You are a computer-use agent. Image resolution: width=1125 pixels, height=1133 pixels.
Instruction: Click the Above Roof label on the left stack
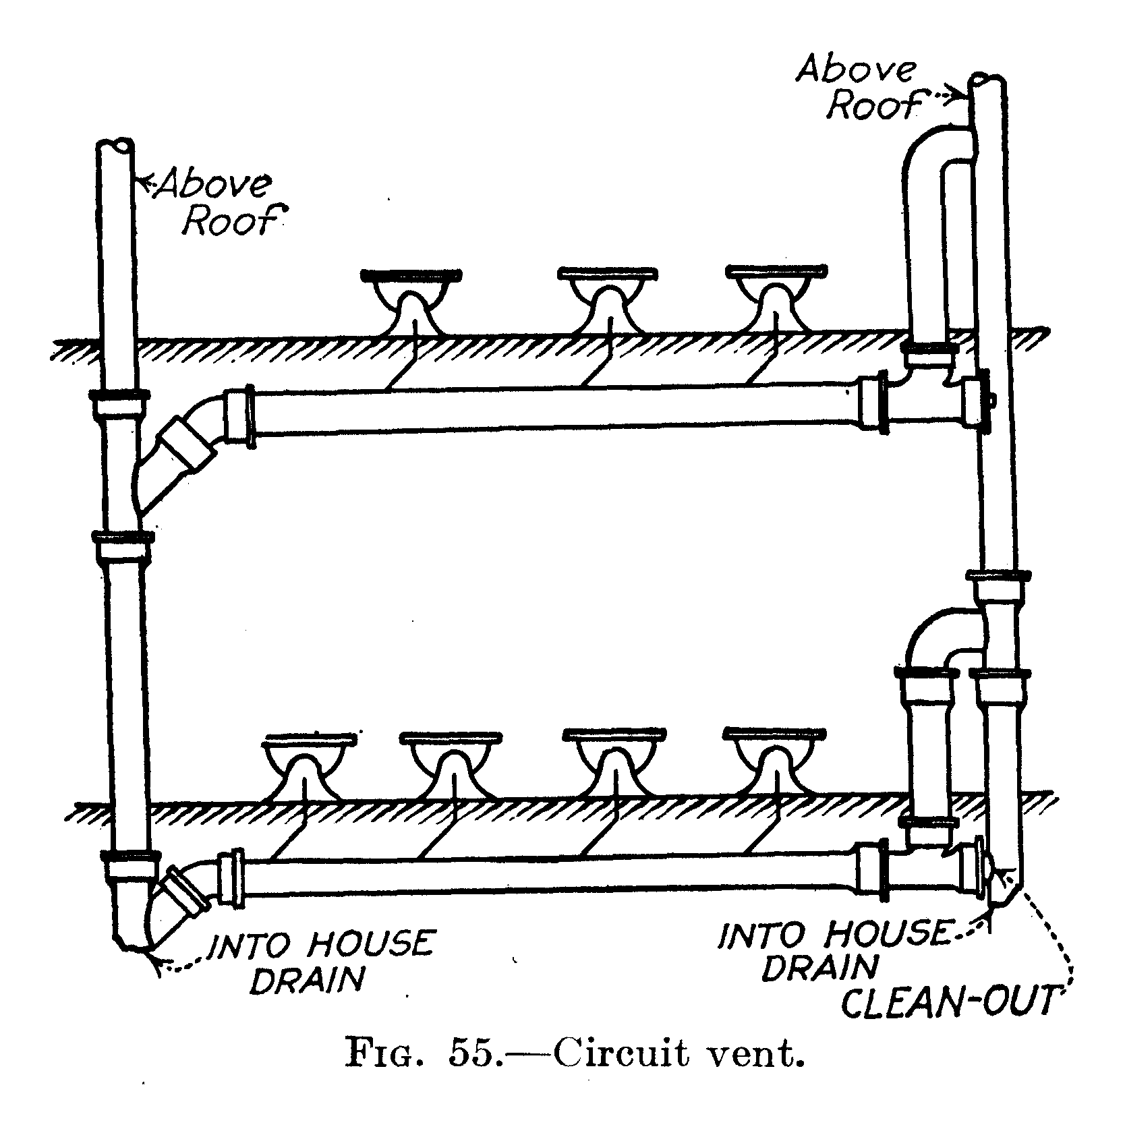coord(217,202)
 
